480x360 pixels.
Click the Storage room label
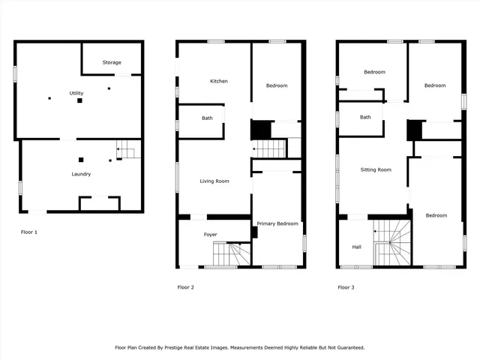coord(112,62)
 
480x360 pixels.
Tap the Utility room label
coord(76,93)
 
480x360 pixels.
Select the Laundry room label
coord(81,174)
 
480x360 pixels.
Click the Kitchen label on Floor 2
coord(218,81)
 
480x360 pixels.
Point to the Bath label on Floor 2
coord(207,118)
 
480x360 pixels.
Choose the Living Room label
coord(214,181)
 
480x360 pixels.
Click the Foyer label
coord(211,235)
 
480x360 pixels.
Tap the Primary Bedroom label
coord(277,223)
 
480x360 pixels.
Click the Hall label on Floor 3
coord(357,246)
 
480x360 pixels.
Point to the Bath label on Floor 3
coord(365,117)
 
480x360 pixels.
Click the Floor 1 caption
coord(28,232)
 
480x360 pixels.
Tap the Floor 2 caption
coord(185,287)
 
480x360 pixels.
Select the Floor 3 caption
coord(346,287)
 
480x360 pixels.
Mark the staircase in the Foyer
coord(238,254)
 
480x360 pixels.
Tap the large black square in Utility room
coord(79,100)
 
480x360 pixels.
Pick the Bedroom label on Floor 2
coord(277,85)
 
